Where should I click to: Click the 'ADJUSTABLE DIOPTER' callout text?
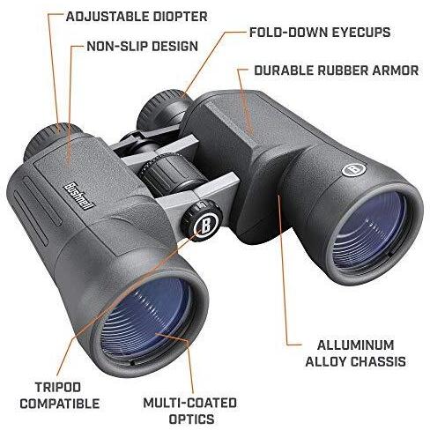coord(137,17)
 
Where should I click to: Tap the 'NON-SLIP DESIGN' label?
coord(143,46)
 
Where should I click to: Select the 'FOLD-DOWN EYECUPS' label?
coord(320,32)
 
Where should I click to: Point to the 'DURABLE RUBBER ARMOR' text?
coord(337,70)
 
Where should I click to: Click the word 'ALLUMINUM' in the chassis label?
coord(355,345)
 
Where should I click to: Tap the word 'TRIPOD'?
coord(58,387)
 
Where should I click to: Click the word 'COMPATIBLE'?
coord(60,404)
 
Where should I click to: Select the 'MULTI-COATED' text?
coord(190,403)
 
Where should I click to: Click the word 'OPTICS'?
coord(192,419)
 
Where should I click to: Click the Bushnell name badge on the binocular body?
coord(78,196)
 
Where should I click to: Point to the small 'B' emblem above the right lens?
coord(354,169)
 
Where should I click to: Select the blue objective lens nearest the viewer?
coord(146,317)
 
